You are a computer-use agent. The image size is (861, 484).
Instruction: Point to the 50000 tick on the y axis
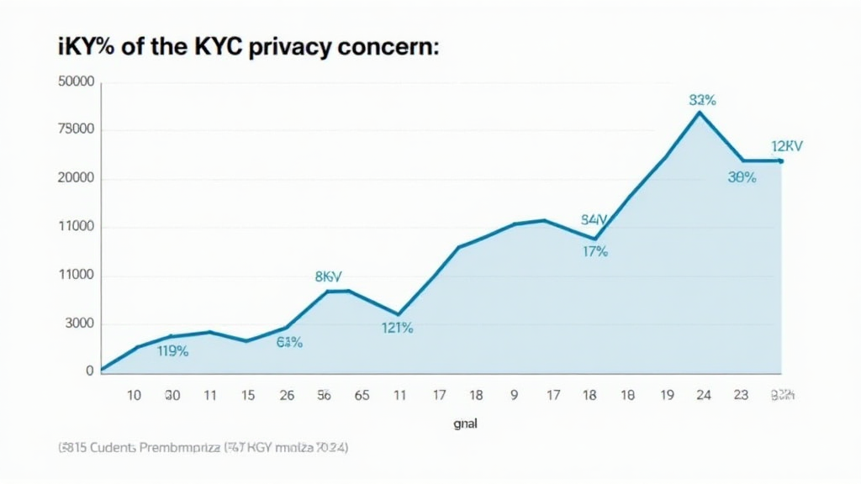point(75,82)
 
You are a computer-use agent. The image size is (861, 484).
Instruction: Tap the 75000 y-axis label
point(75,130)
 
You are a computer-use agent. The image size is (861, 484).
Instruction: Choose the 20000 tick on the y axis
point(75,179)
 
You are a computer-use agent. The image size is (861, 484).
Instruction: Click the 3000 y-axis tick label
point(77,324)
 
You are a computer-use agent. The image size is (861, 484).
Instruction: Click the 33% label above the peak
point(702,100)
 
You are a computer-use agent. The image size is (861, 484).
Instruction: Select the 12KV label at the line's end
point(787,146)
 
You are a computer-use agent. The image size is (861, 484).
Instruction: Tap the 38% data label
point(742,177)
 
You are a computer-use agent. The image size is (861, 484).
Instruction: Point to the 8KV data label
point(334,276)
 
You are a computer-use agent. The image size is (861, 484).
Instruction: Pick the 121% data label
point(397,329)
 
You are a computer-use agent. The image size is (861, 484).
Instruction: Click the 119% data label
point(172,351)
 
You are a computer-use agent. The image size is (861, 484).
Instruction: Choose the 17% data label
point(594,251)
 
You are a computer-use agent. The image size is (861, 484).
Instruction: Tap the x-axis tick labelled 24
point(704,394)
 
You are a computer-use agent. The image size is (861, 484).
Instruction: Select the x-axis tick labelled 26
point(287,394)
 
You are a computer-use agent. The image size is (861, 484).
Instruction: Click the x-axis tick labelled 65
point(362,394)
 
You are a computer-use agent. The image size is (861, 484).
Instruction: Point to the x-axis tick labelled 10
point(134,394)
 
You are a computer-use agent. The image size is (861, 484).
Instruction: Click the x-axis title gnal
point(464,424)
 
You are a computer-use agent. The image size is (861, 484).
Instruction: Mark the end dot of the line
point(780,160)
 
